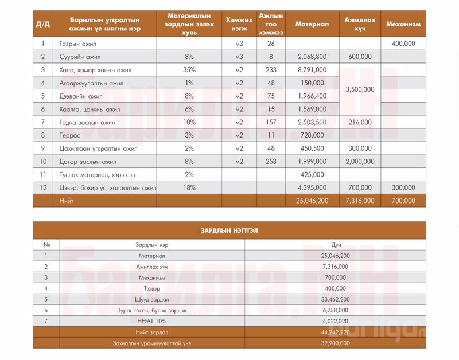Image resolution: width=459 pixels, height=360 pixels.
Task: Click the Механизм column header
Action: coord(403,25)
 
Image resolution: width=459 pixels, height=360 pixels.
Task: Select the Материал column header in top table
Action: coord(312,25)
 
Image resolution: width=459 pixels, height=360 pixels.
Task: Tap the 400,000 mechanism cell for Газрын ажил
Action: coord(403,44)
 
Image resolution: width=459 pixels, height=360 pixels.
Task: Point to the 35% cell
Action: coord(189,70)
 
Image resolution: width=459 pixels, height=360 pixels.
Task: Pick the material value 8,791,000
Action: coord(312,70)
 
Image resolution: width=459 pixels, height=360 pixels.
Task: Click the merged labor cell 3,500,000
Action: coord(360,89)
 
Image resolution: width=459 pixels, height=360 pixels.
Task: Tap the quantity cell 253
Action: coord(271,162)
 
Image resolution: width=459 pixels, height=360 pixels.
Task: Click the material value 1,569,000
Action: coord(312,109)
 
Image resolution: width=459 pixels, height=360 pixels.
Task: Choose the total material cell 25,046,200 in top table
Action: coord(312,201)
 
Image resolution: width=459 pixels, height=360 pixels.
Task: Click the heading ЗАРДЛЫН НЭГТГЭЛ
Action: coord(229,230)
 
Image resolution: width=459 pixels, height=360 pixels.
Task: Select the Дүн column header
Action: coord(336,245)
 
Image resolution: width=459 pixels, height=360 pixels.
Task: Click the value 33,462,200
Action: coord(336,299)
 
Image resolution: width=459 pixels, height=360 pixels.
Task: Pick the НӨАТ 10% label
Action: coord(152,320)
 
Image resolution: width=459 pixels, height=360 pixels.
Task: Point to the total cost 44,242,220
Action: coord(336,332)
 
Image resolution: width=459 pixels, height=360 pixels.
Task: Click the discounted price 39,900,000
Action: coord(336,343)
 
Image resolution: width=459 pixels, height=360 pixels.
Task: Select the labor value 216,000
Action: coord(360,122)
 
